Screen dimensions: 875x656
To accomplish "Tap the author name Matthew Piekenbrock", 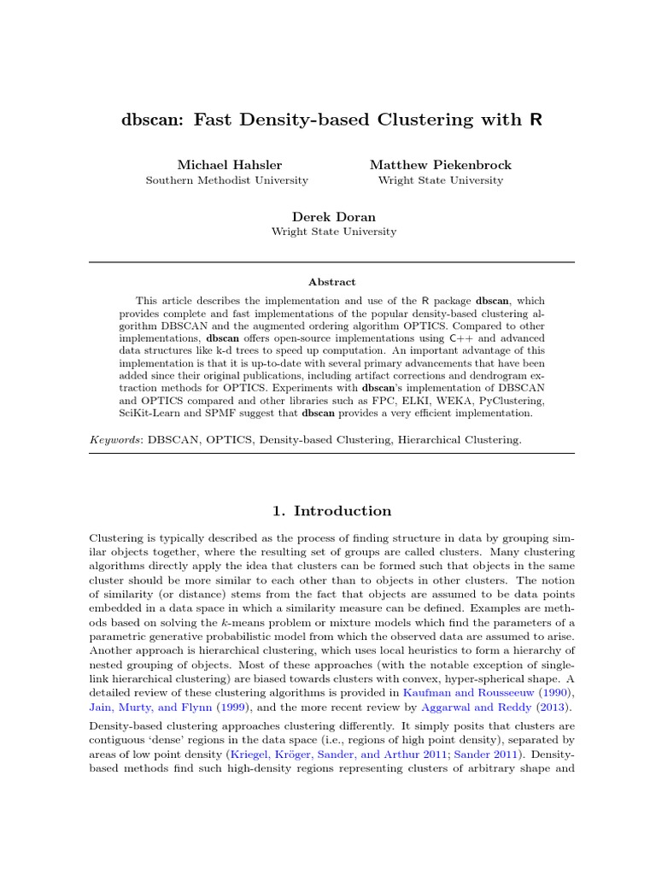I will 440,164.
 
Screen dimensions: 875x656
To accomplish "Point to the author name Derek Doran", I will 333,216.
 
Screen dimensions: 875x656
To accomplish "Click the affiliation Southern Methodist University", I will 227,180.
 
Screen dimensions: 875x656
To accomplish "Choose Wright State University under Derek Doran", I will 333,232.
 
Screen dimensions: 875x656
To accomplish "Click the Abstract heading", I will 331,282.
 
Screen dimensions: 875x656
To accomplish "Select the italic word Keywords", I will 115,439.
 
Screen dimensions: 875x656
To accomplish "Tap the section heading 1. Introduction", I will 331,511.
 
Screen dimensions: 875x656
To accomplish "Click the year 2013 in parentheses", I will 554,708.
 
